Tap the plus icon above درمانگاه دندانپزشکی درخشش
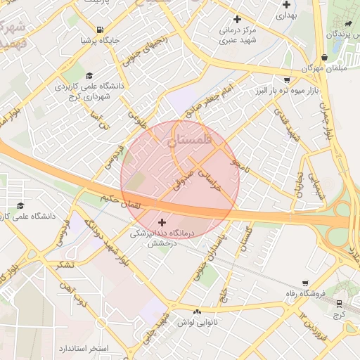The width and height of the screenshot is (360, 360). coord(162,222)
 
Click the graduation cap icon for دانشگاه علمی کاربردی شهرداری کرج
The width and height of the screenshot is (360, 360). coord(89,75)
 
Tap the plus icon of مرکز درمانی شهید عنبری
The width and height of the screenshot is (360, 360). coord(237,19)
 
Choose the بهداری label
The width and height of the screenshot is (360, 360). coord(286,14)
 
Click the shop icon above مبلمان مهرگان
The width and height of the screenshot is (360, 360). coord(323,58)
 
